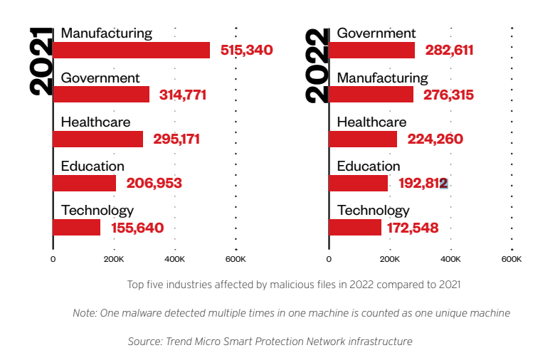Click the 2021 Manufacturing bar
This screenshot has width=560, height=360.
click(x=132, y=50)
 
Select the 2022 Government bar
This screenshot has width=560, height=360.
click(x=371, y=50)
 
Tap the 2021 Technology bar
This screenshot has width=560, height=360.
click(x=77, y=228)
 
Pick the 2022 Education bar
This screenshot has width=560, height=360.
click(x=358, y=184)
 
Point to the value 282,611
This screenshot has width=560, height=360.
click(x=449, y=50)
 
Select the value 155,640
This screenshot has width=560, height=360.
click(x=137, y=228)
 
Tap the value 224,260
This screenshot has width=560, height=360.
click(x=435, y=139)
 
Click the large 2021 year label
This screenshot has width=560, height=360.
click(x=41, y=63)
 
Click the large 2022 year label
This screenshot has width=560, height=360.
click(x=317, y=66)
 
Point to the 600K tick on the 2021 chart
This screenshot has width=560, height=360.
click(x=236, y=260)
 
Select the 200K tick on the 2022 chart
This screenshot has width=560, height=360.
click(x=390, y=260)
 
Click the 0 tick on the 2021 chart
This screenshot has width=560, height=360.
click(x=53, y=260)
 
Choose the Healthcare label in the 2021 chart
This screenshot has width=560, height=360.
click(x=95, y=122)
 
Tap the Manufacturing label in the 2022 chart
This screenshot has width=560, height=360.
click(x=382, y=78)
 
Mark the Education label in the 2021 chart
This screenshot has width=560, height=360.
click(x=93, y=166)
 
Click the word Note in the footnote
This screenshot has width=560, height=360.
click(x=85, y=313)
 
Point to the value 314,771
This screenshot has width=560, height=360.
click(x=179, y=95)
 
